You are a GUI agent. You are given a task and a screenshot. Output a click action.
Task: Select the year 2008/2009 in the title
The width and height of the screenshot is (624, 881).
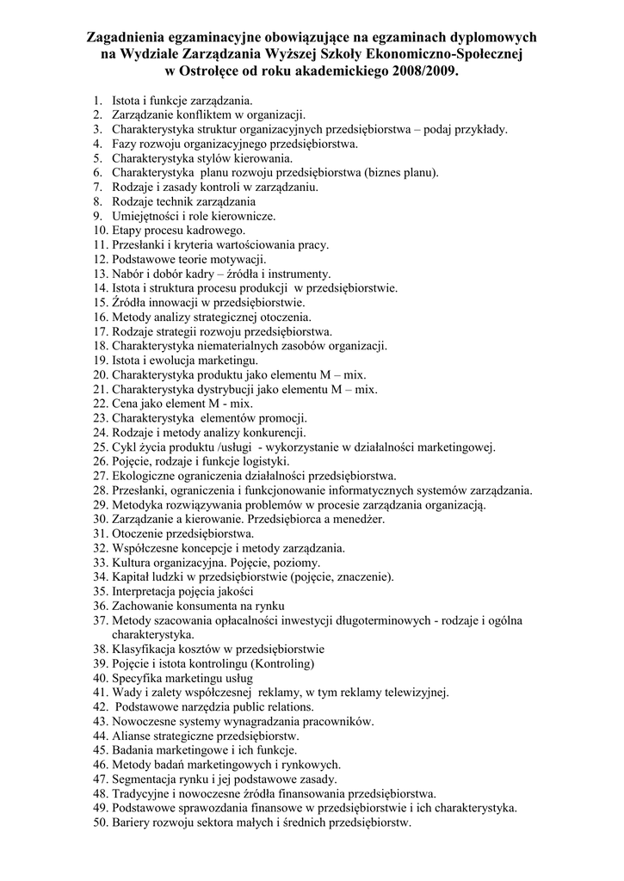point(417,72)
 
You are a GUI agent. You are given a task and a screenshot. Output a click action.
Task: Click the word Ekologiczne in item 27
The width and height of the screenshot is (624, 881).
point(144,476)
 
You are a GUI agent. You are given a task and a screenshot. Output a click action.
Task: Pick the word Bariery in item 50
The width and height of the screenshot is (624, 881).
point(133,822)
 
